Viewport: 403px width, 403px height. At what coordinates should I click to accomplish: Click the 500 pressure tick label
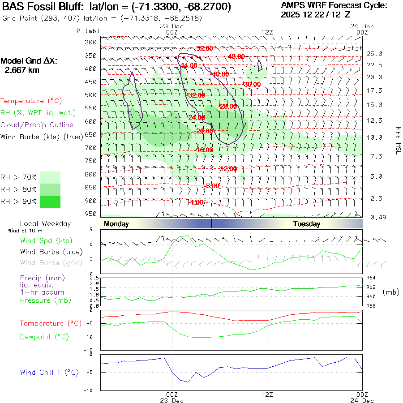click(x=91, y=95)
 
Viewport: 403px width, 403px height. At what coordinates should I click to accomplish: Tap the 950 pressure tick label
click(x=91, y=213)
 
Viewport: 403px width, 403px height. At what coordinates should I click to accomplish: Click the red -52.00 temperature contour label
click(x=205, y=48)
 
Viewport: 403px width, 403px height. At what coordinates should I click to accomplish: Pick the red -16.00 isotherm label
click(x=205, y=150)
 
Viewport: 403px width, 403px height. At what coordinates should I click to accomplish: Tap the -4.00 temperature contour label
click(x=196, y=202)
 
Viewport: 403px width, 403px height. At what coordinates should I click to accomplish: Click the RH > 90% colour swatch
click(x=50, y=201)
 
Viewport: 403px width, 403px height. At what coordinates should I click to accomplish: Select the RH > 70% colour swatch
click(x=50, y=177)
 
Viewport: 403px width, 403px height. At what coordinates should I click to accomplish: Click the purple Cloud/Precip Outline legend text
click(x=37, y=125)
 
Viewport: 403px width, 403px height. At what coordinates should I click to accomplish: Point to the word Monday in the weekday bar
click(x=116, y=224)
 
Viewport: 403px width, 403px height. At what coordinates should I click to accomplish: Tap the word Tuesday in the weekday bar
click(x=306, y=224)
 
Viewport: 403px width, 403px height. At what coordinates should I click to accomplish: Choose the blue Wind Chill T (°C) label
click(x=49, y=373)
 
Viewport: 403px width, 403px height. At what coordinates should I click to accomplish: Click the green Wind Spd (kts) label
click(x=46, y=241)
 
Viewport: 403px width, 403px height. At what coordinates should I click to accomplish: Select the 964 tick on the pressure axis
click(x=371, y=278)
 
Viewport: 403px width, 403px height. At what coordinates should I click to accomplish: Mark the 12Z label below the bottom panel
click(x=267, y=394)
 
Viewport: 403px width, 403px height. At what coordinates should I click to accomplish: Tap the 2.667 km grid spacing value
click(x=22, y=70)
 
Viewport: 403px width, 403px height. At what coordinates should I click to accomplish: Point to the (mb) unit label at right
click(x=391, y=292)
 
